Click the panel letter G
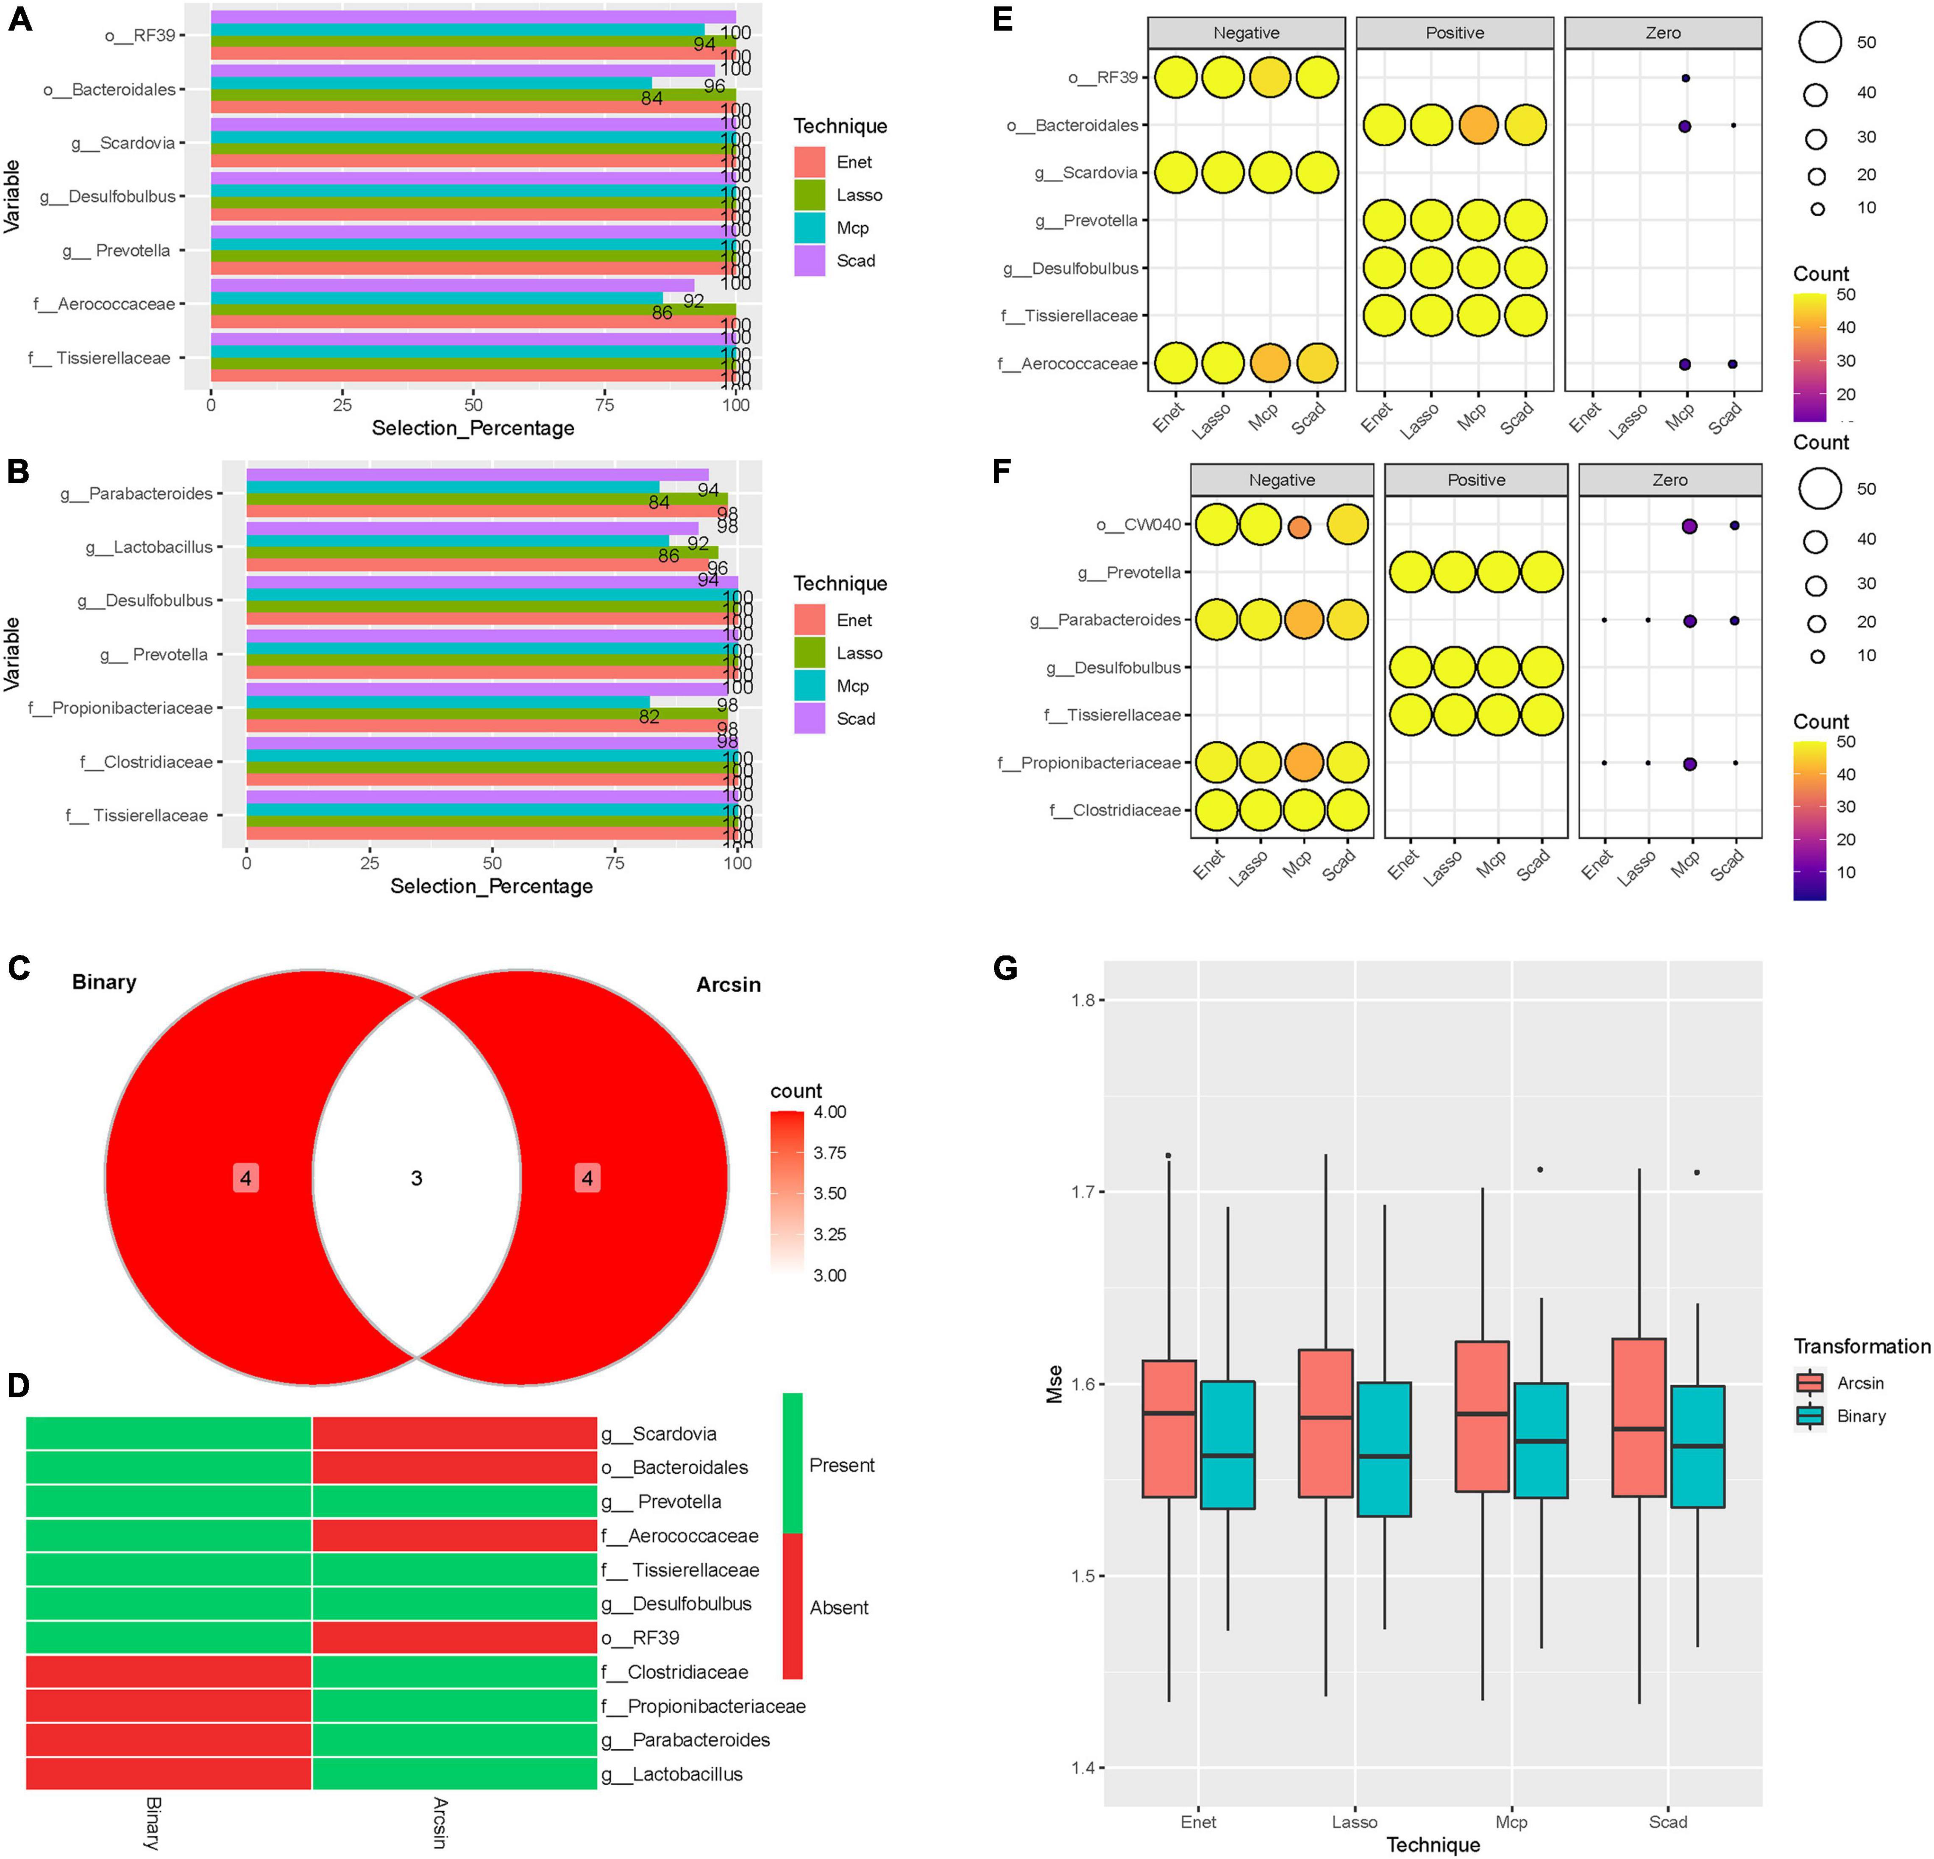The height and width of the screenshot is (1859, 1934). [x=1005, y=968]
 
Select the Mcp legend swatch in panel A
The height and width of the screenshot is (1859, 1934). [x=809, y=228]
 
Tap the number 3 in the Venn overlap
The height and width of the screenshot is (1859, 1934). [x=416, y=1178]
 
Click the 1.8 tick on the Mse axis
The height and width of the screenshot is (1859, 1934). [x=1083, y=1001]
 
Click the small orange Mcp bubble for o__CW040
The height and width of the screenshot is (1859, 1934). [x=1300, y=527]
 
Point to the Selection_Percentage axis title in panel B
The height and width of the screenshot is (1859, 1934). [x=491, y=886]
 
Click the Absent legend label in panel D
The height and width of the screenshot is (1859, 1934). [x=839, y=1607]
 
